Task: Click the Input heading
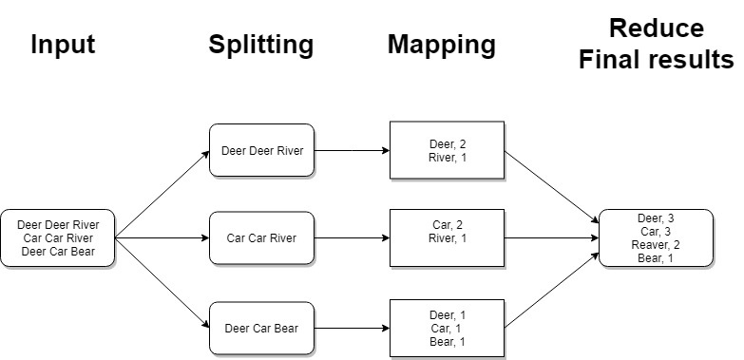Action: (63, 45)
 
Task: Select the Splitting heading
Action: (260, 45)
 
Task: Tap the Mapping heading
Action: (441, 45)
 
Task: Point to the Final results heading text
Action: (657, 61)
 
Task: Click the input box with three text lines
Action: (58, 237)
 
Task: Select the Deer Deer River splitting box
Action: (262, 150)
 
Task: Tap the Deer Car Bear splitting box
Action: (262, 329)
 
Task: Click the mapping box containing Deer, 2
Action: (447, 150)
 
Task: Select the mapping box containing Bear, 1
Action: (447, 329)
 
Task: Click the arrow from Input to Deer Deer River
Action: (162, 194)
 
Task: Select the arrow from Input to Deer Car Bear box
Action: (162, 282)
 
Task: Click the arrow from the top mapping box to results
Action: (551, 184)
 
